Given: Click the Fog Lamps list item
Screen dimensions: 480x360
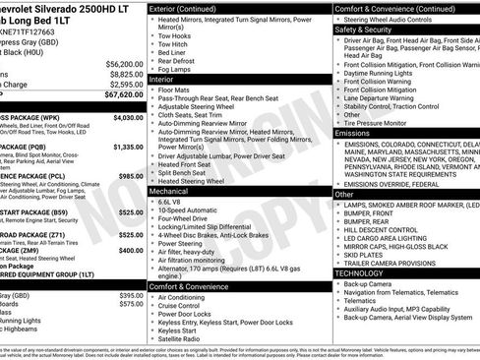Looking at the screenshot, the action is [x=175, y=69].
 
